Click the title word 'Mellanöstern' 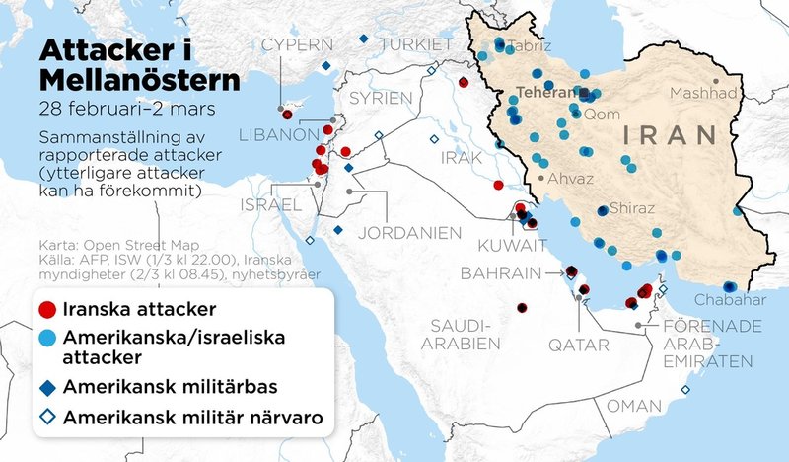(138, 78)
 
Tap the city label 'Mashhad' (702, 94)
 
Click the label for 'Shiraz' (632, 208)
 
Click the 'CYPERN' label (291, 43)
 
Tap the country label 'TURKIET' (417, 44)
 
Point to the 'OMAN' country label (633, 406)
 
